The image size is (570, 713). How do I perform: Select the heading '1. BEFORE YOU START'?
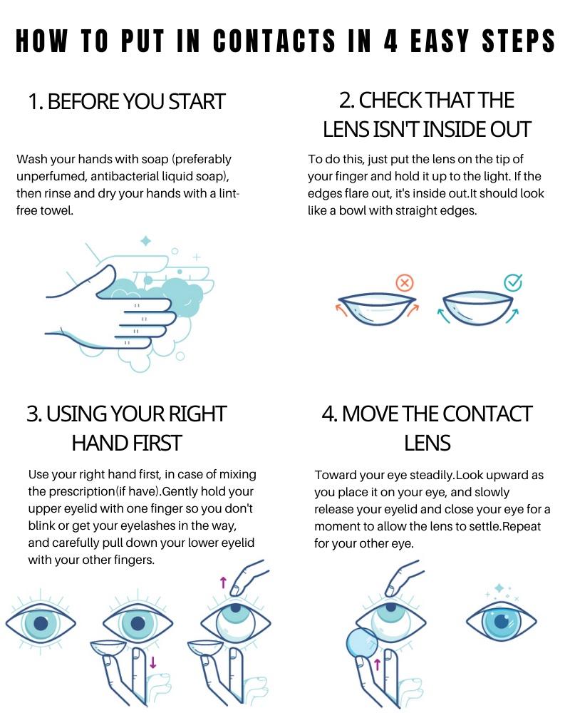pyautogui.click(x=126, y=101)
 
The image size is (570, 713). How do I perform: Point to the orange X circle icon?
pyautogui.click(x=404, y=283)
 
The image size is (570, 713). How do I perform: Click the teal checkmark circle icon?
pyautogui.click(x=513, y=283)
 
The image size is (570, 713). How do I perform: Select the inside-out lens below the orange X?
pyautogui.click(x=378, y=309)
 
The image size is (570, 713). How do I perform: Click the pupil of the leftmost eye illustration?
pyautogui.click(x=41, y=623)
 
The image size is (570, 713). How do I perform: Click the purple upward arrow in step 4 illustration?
pyautogui.click(x=378, y=667)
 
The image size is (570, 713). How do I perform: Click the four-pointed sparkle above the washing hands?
pyautogui.click(x=145, y=241)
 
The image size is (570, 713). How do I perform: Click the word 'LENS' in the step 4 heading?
pyautogui.click(x=427, y=443)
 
